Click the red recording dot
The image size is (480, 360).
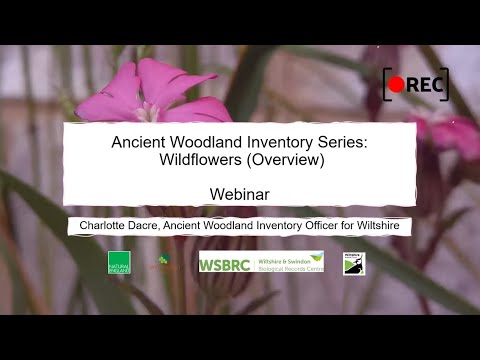click(x=397, y=85)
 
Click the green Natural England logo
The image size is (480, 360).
click(x=119, y=262)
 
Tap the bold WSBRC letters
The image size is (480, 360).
click(x=224, y=264)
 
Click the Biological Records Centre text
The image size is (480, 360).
click(x=287, y=267)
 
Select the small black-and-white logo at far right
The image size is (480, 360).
click(x=353, y=263)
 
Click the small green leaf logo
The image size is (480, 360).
click(x=164, y=260)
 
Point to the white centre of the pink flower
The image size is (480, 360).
click(x=149, y=111)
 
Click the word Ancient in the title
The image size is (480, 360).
click(x=139, y=143)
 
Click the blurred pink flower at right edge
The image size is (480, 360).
click(x=455, y=135)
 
